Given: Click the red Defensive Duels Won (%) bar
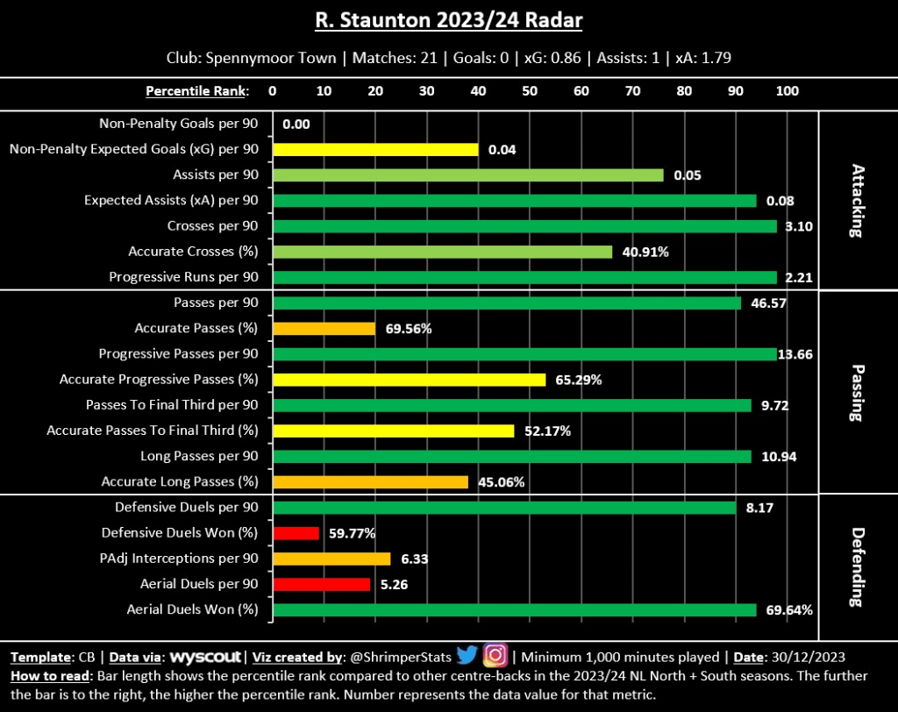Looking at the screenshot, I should click(x=296, y=533).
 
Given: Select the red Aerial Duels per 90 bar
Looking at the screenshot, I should click(x=321, y=584).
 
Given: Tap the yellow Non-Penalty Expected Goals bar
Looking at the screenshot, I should click(x=375, y=149).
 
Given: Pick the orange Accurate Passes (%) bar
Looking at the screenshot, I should click(x=324, y=329).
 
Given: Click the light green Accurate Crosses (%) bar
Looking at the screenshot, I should click(x=442, y=252).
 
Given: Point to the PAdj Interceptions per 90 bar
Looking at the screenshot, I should click(x=331, y=559).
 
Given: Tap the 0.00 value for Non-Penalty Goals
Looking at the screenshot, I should click(x=296, y=125).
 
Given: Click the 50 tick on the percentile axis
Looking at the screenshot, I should click(x=530, y=91).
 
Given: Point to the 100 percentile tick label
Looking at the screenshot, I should click(x=788, y=91).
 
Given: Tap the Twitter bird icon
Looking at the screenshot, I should click(x=467, y=655).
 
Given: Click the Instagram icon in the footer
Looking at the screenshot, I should click(x=495, y=655).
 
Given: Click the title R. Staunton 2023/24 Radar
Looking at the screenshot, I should click(x=449, y=20).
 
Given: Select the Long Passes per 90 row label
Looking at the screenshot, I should click(x=199, y=457).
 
